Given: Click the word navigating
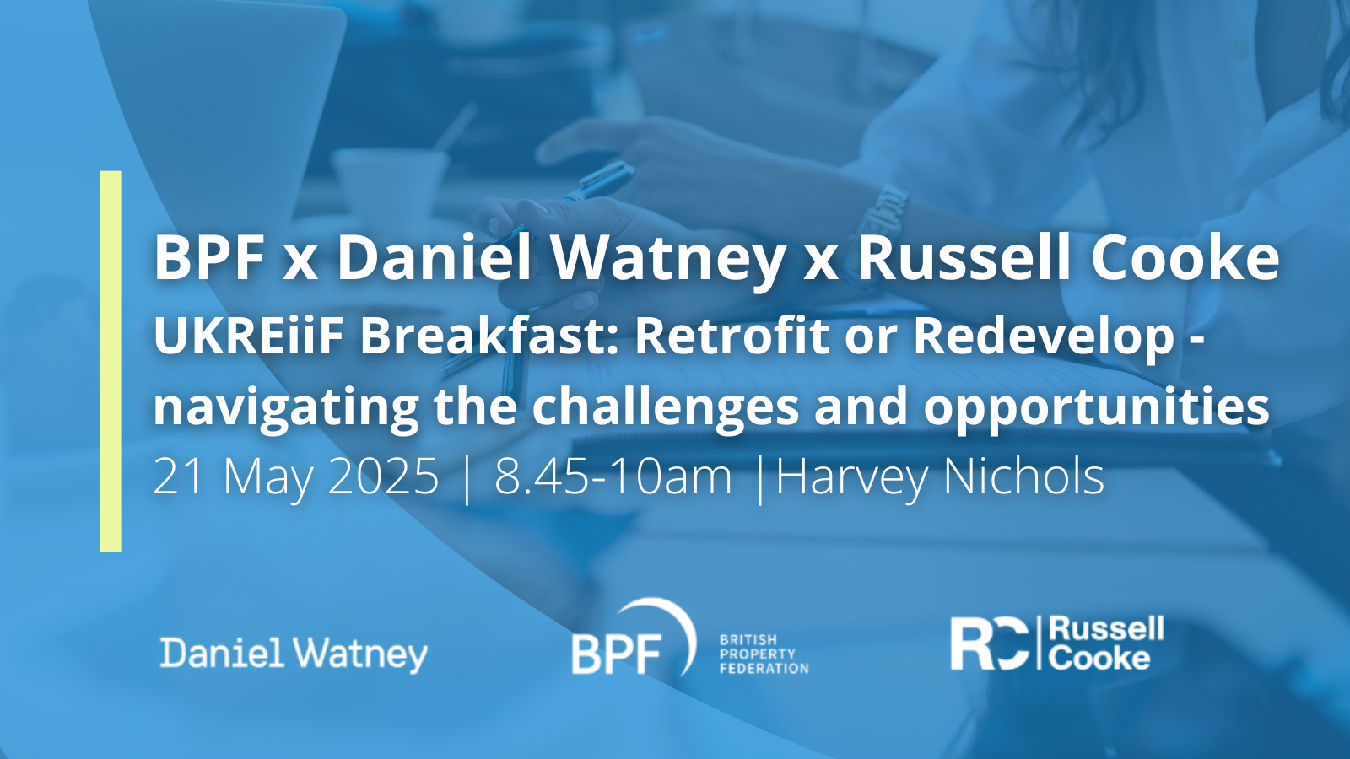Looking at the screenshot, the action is click(286, 409).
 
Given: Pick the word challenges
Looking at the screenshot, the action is click(666, 407).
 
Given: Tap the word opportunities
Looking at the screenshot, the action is click(1096, 409).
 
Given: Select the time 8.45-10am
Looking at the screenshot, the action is click(613, 476).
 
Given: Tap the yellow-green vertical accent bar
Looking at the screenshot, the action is click(111, 361).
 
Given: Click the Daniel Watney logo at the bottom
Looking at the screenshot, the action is click(294, 654).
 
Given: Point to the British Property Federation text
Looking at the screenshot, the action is click(764, 654).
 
